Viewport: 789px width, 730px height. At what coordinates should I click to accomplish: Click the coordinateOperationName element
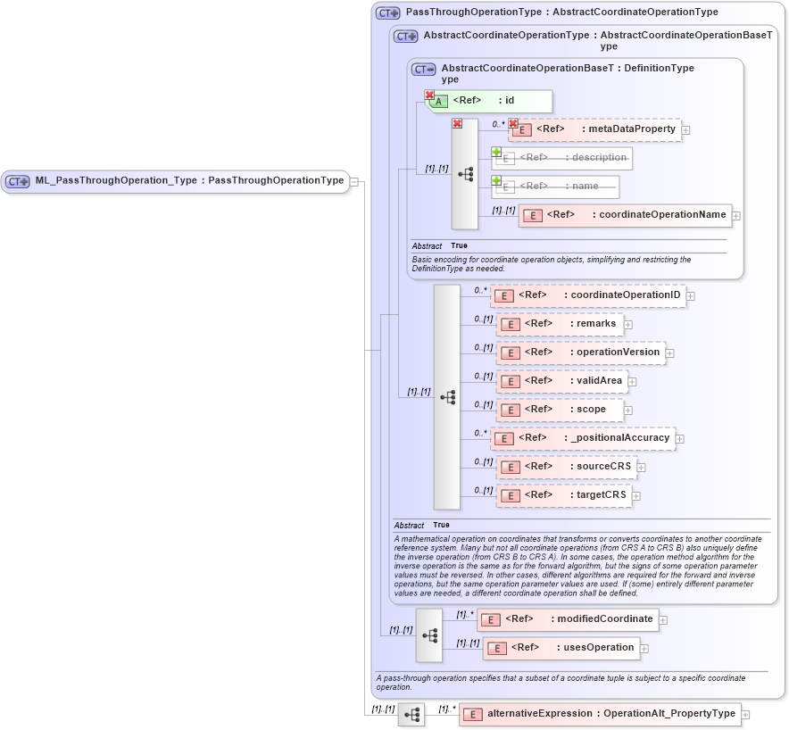pyautogui.click(x=625, y=215)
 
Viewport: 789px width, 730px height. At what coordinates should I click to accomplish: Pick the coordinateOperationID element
pyautogui.click(x=588, y=295)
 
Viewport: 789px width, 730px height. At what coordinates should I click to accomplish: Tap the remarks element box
pyautogui.click(x=560, y=324)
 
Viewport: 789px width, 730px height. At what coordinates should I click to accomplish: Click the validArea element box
pyautogui.click(x=561, y=381)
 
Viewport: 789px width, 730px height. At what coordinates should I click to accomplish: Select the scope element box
pyautogui.click(x=560, y=410)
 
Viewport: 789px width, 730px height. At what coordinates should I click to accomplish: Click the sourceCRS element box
pyautogui.click(x=566, y=467)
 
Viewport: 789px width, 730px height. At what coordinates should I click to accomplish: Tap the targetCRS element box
pyautogui.click(x=564, y=495)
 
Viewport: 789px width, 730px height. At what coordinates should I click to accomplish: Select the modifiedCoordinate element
pyautogui.click(x=568, y=618)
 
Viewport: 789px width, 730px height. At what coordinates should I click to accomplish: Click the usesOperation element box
pyautogui.click(x=561, y=648)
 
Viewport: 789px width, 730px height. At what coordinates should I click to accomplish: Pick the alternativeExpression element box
pyautogui.click(x=600, y=714)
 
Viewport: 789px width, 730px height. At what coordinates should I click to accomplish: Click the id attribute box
pyautogui.click(x=490, y=101)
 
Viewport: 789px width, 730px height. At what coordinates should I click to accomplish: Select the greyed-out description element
pyautogui.click(x=562, y=158)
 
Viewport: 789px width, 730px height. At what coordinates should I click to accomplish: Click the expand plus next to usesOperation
pyautogui.click(x=644, y=649)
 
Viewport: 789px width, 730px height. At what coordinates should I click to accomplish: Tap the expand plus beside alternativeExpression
pyautogui.click(x=746, y=715)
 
